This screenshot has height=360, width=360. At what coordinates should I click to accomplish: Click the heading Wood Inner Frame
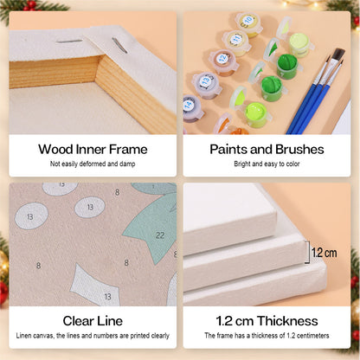pyautogui.click(x=93, y=150)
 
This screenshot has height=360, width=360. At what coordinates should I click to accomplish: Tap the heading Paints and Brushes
pyautogui.click(x=267, y=150)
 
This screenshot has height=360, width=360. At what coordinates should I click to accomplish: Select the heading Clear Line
pyautogui.click(x=93, y=321)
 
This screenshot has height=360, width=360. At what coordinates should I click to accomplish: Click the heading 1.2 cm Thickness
pyautogui.click(x=267, y=321)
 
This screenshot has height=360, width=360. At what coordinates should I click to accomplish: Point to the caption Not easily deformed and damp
pyautogui.click(x=93, y=164)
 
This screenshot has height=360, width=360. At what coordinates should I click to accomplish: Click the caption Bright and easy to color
pyautogui.click(x=267, y=164)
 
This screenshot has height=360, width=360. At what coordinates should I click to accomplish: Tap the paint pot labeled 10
pyautogui.click(x=248, y=23)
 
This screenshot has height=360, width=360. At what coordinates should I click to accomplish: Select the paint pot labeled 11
pyautogui.click(x=236, y=42)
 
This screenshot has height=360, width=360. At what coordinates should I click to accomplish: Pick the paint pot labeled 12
pyautogui.click(x=223, y=62)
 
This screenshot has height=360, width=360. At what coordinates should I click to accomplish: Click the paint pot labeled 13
pyautogui.click(x=207, y=85)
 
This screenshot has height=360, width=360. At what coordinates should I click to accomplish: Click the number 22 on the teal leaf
pyautogui.click(x=160, y=235)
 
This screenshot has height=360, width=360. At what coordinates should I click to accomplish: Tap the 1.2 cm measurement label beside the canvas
pyautogui.click(x=325, y=253)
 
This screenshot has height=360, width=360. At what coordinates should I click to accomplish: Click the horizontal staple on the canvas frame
pyautogui.click(x=69, y=42)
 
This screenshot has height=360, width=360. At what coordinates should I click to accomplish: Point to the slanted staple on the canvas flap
pyautogui.click(x=119, y=45)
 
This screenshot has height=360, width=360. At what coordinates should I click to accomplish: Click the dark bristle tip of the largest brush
pyautogui.click(x=338, y=55)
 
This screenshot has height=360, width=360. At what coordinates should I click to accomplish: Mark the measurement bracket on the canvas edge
pyautogui.click(x=307, y=252)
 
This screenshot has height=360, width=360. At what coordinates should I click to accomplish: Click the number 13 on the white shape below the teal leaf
pyautogui.click(x=107, y=297)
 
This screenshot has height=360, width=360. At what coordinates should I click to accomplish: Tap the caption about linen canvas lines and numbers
pyautogui.click(x=93, y=336)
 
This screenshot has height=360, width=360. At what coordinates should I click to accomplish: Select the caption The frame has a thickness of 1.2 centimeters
pyautogui.click(x=267, y=336)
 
